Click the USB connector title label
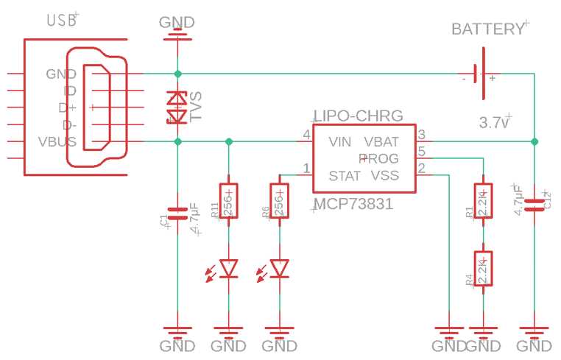[x=61, y=20]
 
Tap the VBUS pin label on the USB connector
[x=57, y=141]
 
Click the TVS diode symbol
[x=177, y=107]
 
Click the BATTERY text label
[x=487, y=29]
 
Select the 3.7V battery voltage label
[x=493, y=122]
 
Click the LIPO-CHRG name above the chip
[x=359, y=116]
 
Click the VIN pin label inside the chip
[x=339, y=141]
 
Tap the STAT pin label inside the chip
[x=345, y=176]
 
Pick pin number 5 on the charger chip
[x=422, y=152]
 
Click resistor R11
[x=229, y=200]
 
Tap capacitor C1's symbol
[x=177, y=214]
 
